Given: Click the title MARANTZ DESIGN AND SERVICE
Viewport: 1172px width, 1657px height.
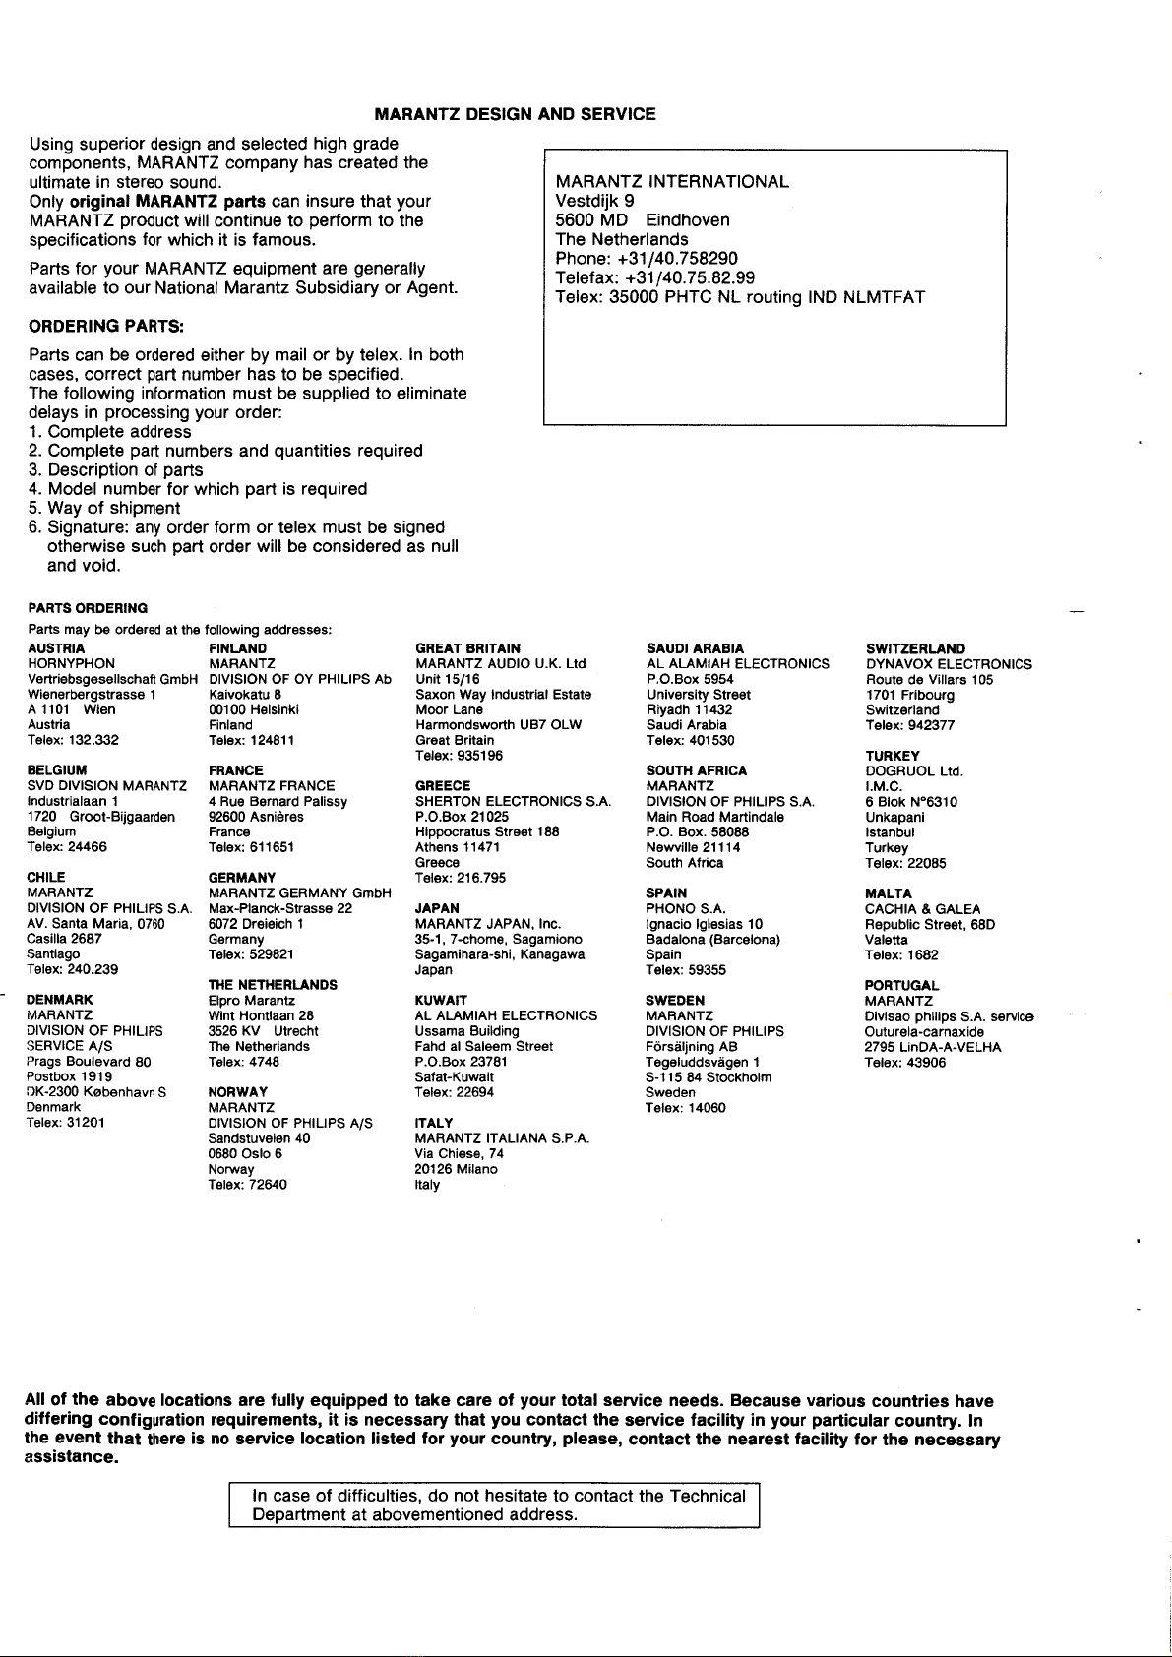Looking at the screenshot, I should pyautogui.click(x=515, y=114).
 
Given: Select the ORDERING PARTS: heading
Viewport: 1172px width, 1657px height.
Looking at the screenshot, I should pyautogui.click(x=108, y=326).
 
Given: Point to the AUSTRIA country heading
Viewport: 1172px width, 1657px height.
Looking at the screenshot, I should pyautogui.click(x=56, y=648).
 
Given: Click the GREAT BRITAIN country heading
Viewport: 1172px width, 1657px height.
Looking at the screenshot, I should pyautogui.click(x=467, y=648).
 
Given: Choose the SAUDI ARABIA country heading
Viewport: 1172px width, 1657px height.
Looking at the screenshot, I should pyautogui.click(x=695, y=648).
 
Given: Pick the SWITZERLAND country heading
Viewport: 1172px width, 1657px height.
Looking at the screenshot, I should pyautogui.click(x=915, y=648).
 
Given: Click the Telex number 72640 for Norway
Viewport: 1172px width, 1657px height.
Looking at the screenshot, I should pyautogui.click(x=248, y=1185).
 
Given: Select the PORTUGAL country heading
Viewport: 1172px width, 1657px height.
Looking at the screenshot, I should pyautogui.click(x=901, y=985).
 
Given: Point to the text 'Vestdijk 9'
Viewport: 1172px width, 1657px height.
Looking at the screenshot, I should pyautogui.click(x=594, y=201).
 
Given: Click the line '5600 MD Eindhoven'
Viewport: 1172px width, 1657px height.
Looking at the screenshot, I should pyautogui.click(x=643, y=220).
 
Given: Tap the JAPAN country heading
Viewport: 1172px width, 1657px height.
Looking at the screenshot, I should pyautogui.click(x=437, y=908).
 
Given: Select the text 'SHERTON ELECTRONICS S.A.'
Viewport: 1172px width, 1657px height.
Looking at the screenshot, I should pyautogui.click(x=514, y=801).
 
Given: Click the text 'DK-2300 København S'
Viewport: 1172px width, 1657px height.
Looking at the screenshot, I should pyautogui.click(x=95, y=1091).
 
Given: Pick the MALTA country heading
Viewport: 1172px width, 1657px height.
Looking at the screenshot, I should pyautogui.click(x=888, y=893).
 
